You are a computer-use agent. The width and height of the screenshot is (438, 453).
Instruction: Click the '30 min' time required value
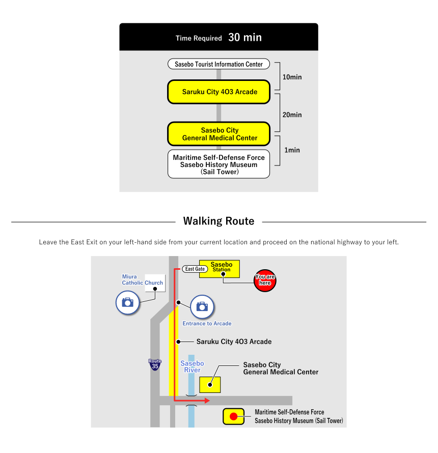245,38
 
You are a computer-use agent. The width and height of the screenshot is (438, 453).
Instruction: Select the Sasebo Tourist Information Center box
218,65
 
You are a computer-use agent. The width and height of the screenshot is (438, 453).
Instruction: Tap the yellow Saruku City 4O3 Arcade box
218,92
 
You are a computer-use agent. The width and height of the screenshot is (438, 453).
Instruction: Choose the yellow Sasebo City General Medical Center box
218,134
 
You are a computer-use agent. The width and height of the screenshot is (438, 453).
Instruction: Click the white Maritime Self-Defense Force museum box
218,164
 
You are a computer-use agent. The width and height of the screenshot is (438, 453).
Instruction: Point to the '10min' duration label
292,77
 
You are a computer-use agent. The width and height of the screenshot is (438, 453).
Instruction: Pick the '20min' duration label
292,115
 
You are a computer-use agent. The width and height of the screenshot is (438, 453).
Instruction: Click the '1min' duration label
292,150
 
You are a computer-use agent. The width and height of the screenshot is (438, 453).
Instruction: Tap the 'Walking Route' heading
218,221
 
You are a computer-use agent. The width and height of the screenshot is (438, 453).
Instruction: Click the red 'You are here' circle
265,280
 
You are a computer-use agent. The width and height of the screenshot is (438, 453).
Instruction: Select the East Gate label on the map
195,269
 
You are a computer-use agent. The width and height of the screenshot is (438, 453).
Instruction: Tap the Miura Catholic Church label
143,280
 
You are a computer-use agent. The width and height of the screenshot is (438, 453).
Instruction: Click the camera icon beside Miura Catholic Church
127,302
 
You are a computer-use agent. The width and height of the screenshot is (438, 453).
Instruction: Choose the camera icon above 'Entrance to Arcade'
202,306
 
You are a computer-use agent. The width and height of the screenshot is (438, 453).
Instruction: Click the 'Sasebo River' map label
192,366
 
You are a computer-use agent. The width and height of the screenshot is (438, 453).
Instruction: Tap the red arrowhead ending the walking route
207,401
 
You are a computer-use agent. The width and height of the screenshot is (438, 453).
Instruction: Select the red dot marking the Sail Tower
234,416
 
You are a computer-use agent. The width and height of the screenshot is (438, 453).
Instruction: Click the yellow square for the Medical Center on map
210,384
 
